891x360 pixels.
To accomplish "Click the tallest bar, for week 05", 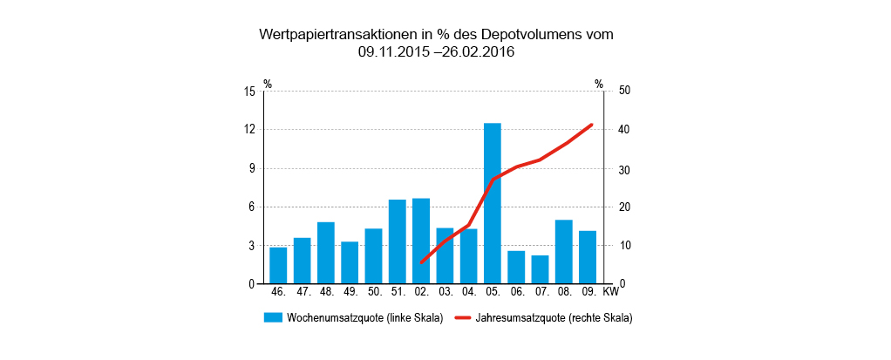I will [493, 203].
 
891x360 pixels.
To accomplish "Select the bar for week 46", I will [278, 265].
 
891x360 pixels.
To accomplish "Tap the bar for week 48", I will [326, 253].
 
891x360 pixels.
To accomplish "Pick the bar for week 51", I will [398, 241].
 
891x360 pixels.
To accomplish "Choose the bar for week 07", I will [540, 269].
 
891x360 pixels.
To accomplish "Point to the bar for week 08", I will [564, 252].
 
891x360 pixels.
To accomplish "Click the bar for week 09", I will [588, 257].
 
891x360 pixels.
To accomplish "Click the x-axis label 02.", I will [421, 293].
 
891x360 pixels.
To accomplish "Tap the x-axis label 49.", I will [350, 293].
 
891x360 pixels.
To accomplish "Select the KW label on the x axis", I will [610, 293].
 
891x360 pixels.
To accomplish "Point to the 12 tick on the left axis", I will [249, 130].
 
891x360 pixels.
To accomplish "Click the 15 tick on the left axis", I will [249, 91].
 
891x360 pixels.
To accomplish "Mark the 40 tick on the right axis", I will [624, 130].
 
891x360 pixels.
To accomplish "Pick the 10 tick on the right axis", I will [624, 246].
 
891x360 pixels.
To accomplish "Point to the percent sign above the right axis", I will [599, 84].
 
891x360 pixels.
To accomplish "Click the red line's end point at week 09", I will [592, 125].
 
